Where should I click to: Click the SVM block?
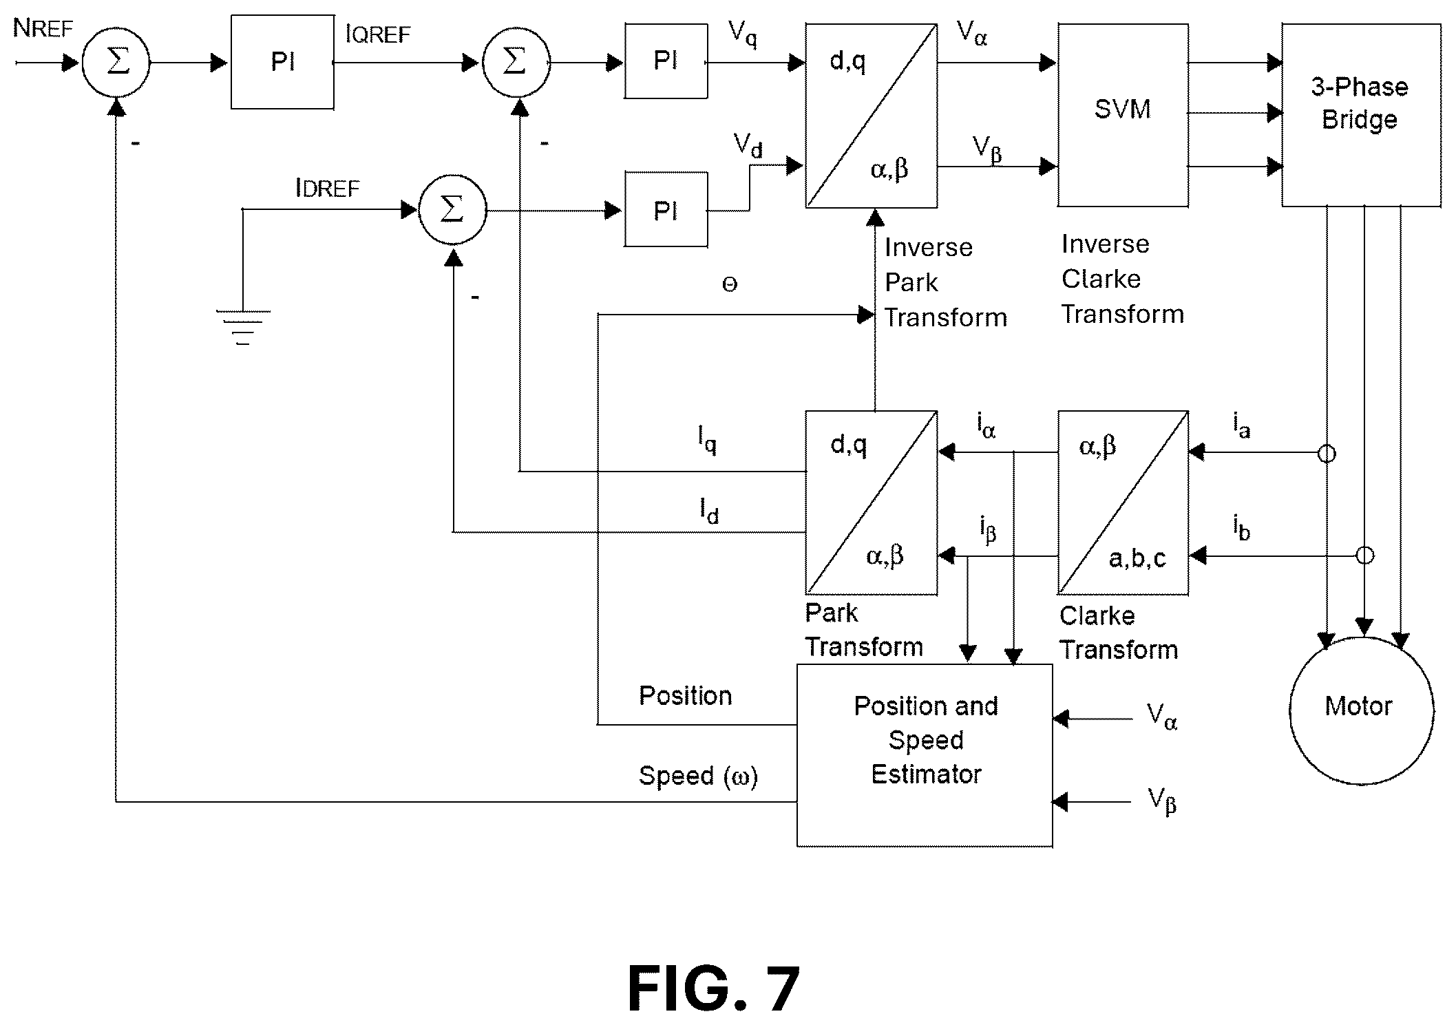click(1122, 115)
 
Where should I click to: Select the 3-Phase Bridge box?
click(1360, 115)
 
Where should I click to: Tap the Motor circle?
click(1361, 709)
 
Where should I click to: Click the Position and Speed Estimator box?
click(925, 755)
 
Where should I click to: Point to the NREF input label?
click(43, 30)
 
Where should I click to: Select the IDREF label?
click(327, 188)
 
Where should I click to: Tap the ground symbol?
click(243, 327)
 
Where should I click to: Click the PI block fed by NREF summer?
click(282, 63)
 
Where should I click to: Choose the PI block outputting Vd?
click(666, 209)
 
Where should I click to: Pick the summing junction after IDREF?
click(452, 209)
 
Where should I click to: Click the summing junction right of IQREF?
click(516, 63)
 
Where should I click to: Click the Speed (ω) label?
click(698, 776)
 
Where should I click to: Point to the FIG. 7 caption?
click(713, 989)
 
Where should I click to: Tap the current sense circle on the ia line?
click(1327, 454)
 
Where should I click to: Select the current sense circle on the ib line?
click(1364, 556)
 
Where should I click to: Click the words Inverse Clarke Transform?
click(1122, 279)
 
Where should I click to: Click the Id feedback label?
click(709, 511)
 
